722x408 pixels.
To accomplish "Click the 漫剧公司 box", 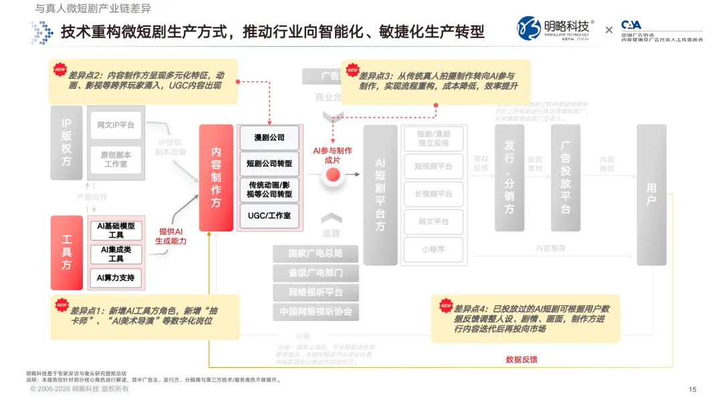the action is (269, 137).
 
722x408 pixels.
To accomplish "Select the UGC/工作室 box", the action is (269, 215).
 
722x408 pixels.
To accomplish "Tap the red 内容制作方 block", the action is (216, 177).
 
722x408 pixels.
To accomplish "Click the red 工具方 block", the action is (67, 251).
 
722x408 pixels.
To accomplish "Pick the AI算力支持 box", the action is (116, 278).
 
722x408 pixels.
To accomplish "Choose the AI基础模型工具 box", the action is (116, 231).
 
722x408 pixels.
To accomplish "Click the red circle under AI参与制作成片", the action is (333, 176).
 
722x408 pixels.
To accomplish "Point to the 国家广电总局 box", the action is (315, 253).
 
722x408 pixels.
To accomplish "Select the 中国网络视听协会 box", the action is (315, 312).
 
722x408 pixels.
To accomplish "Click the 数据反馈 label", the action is (521, 359).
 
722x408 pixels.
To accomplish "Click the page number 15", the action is (693, 389).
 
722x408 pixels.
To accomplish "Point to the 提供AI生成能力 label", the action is (170, 236).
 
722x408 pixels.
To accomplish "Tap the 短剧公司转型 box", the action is (269, 164).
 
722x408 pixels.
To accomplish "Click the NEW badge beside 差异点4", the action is (445, 306).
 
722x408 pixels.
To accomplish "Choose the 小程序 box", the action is (433, 249).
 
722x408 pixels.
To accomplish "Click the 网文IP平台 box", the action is (116, 125).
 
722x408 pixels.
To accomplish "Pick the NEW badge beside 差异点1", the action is (62, 306).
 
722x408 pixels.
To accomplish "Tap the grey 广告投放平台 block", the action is (566, 177).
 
